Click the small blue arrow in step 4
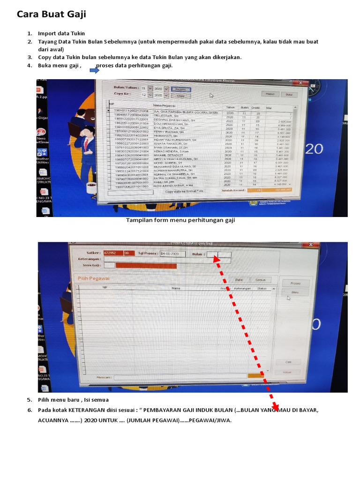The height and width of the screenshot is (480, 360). [x=93, y=70]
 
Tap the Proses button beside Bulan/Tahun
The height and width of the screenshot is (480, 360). [x=180, y=89]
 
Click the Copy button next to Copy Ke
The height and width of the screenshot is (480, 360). [x=180, y=96]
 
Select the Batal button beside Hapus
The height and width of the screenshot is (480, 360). [x=289, y=94]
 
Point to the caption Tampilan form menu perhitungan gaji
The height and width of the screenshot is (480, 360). [x=180, y=220]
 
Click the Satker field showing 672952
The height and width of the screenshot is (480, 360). [x=112, y=254]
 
